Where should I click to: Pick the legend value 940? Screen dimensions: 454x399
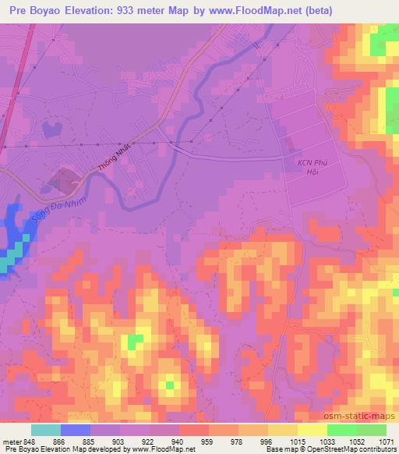(178, 442)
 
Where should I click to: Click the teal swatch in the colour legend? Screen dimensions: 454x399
(47, 430)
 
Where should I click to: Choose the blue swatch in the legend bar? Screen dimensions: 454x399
(76, 430)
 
